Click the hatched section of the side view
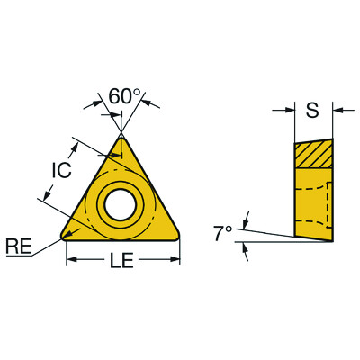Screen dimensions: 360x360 coord(313,154)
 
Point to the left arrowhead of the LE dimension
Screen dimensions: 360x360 coord(71,261)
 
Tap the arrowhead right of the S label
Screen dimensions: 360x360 coord(338,111)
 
